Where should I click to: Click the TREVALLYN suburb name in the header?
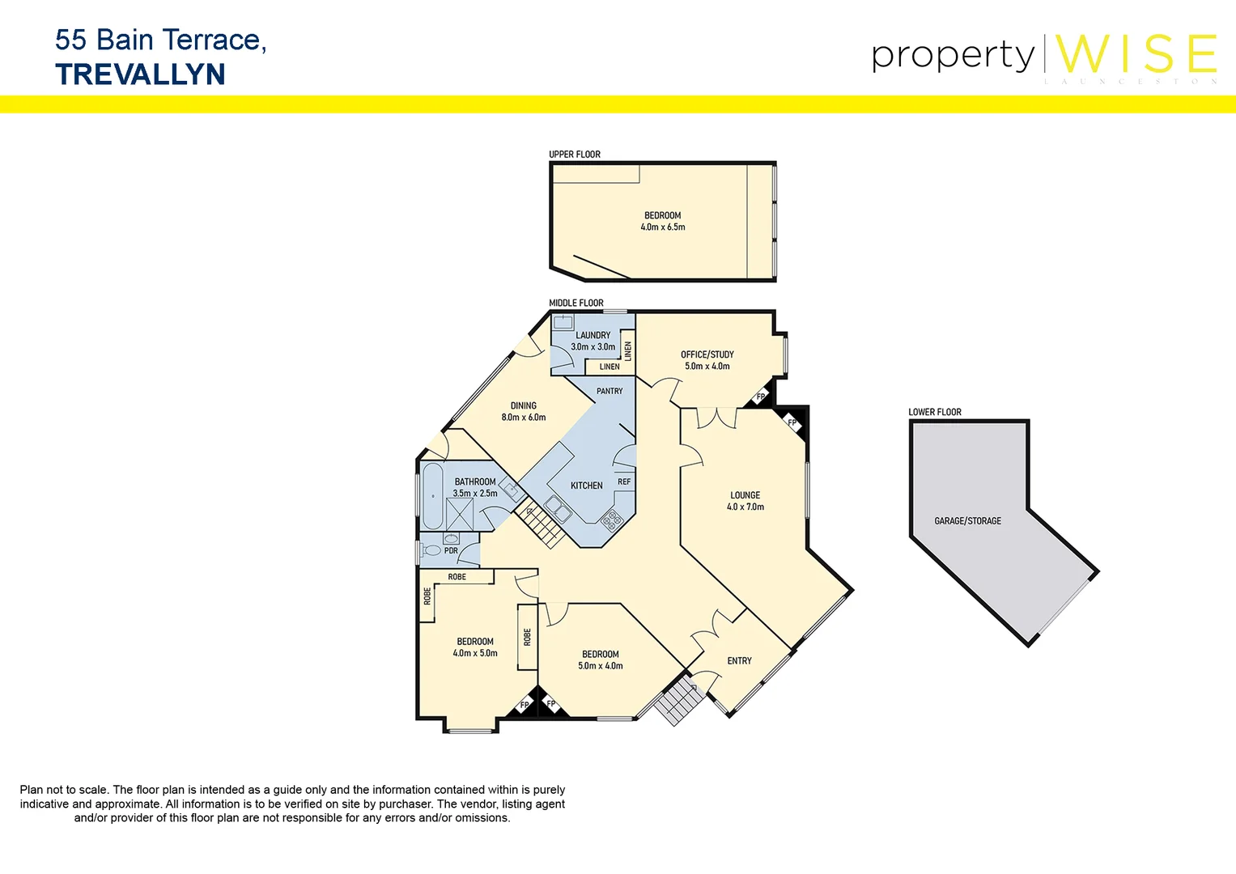140,74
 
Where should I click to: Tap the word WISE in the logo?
1136,54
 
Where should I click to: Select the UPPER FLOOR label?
575,155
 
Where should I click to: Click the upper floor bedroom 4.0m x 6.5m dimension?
663,227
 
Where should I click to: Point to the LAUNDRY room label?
593,335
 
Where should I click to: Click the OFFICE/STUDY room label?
707,354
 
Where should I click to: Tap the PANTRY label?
610,391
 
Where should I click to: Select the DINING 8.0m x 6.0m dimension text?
524,418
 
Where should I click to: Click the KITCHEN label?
586,486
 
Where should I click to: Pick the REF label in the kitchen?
624,482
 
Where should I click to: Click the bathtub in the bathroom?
433,495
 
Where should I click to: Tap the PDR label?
451,550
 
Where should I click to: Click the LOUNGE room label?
745,495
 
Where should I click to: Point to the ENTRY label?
739,661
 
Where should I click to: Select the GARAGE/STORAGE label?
967,521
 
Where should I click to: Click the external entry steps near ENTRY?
676,702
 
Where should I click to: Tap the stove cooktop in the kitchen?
611,520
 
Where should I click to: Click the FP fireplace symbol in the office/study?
759,397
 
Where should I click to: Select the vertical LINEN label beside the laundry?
628,350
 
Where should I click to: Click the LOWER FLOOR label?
934,412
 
